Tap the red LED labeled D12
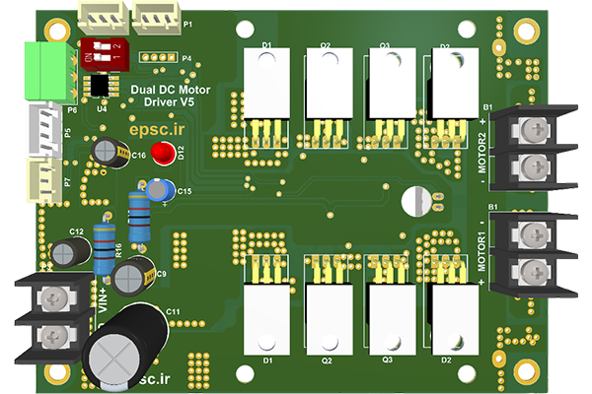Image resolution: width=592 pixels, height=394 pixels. [x=163, y=155]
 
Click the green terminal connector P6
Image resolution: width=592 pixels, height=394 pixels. [x=42, y=68]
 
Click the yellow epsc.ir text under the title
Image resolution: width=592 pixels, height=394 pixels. [x=158, y=128]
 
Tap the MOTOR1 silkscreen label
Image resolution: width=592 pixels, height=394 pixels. [x=482, y=251]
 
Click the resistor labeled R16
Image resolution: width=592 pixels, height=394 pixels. [x=106, y=248]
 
